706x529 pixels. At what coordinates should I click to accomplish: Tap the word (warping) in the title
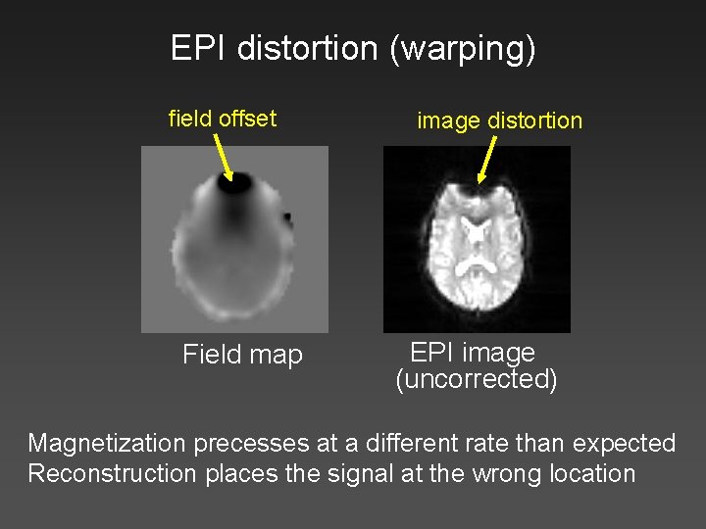[x=461, y=49]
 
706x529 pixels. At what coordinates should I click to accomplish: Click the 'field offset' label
[x=223, y=119]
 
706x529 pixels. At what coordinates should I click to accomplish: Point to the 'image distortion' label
[x=499, y=120]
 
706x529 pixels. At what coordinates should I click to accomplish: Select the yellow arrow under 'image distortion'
[x=485, y=160]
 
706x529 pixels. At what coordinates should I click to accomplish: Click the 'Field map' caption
[x=242, y=355]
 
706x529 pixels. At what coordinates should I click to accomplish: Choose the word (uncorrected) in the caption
[x=477, y=379]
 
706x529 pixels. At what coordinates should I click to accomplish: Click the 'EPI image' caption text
[x=472, y=353]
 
